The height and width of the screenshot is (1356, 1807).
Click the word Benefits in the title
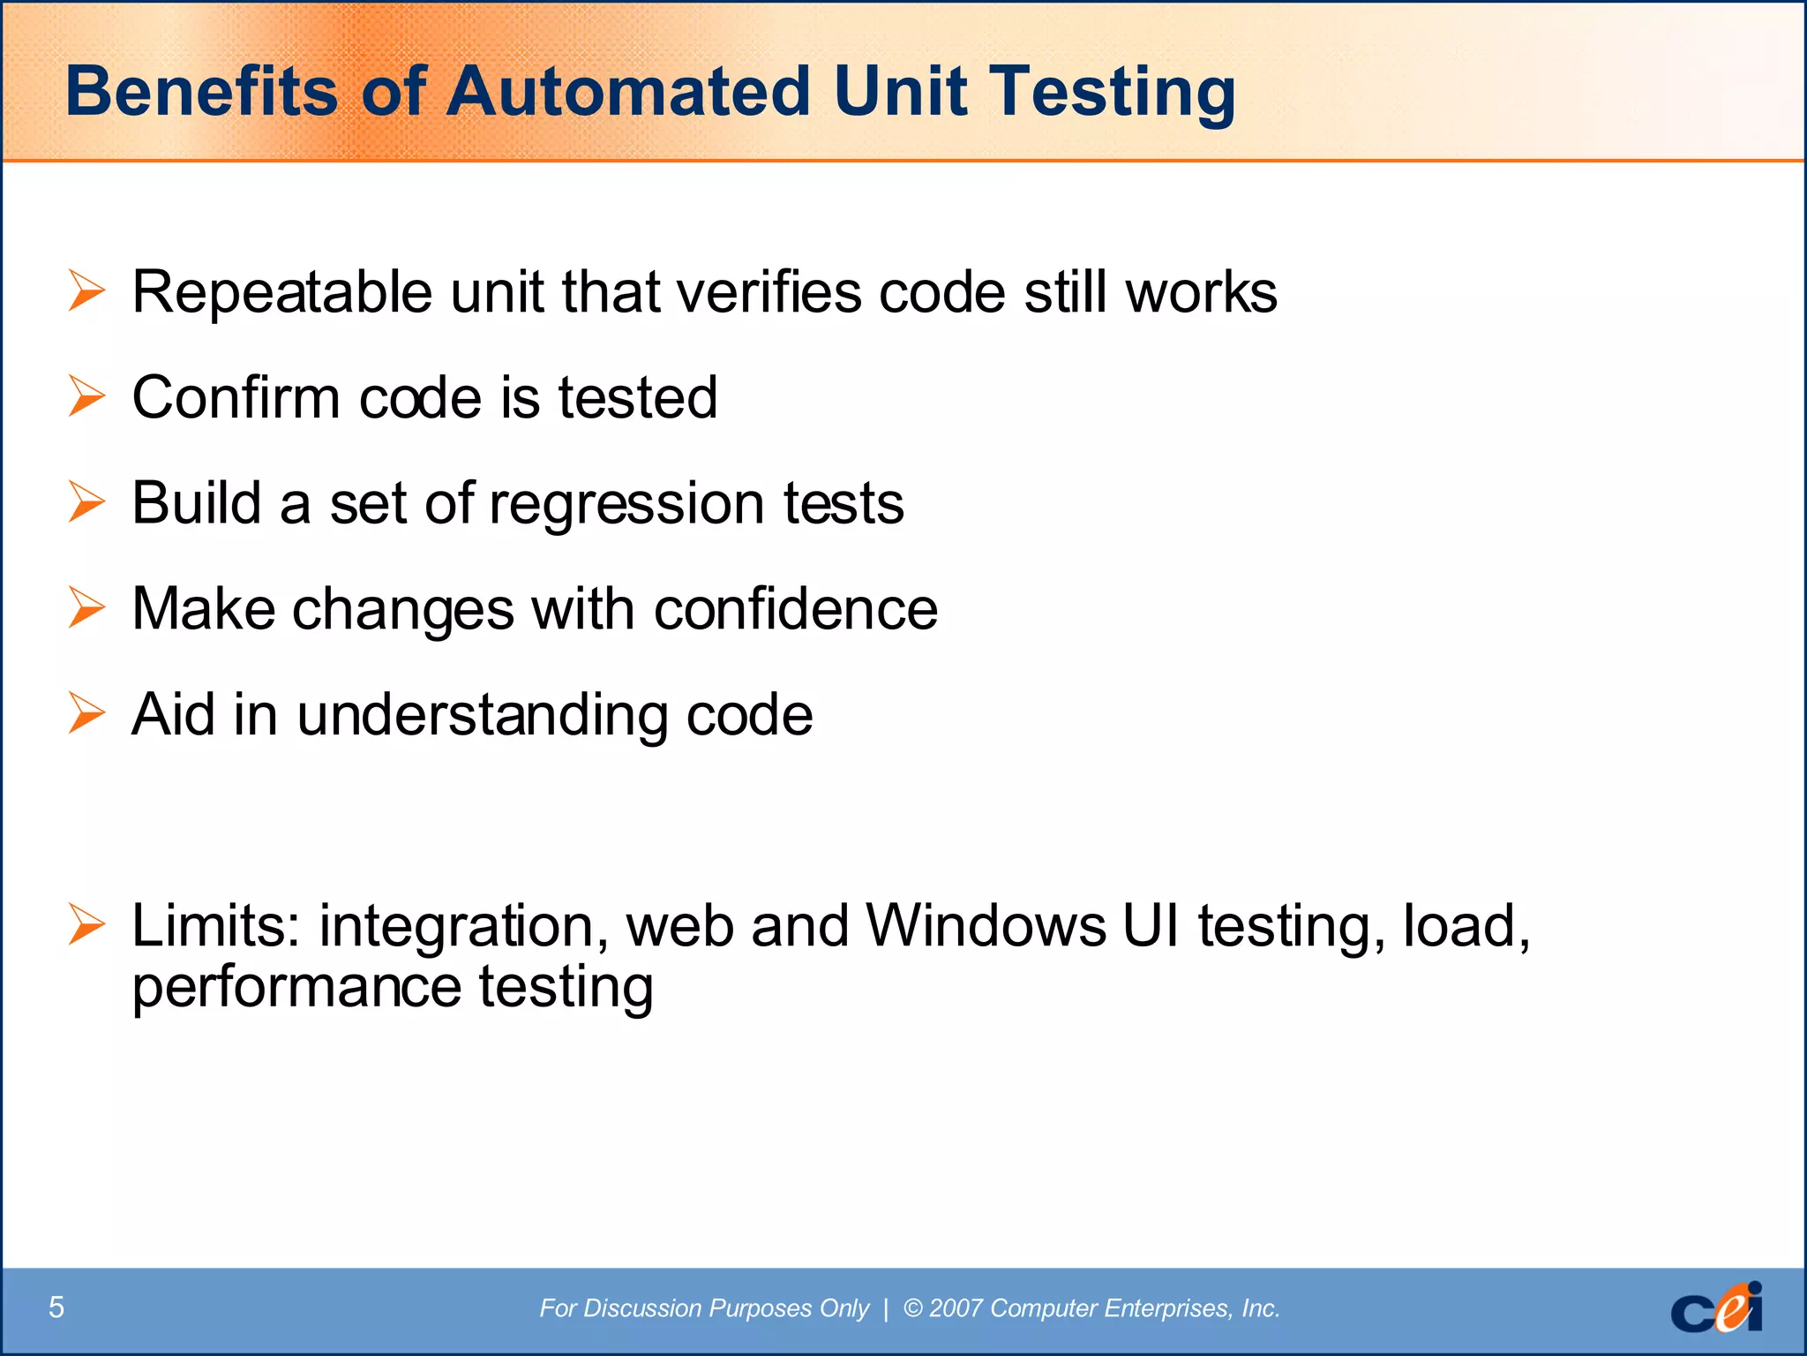coord(201,92)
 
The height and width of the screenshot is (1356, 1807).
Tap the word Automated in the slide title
coord(627,92)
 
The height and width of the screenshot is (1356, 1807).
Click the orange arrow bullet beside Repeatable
coord(86,291)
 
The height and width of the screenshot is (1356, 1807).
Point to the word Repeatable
coord(281,293)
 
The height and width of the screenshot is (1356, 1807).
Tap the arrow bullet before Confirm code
coord(86,396)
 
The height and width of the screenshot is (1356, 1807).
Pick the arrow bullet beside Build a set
coord(86,502)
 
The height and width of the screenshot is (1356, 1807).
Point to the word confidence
coord(795,608)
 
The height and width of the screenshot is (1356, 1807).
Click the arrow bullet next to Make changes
coord(86,608)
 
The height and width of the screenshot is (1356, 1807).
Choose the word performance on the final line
coord(296,989)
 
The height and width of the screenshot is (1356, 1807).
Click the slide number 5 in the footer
coord(56,1307)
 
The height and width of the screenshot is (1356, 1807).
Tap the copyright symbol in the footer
coord(912,1307)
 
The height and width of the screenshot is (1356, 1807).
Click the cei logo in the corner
coord(1715,1307)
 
